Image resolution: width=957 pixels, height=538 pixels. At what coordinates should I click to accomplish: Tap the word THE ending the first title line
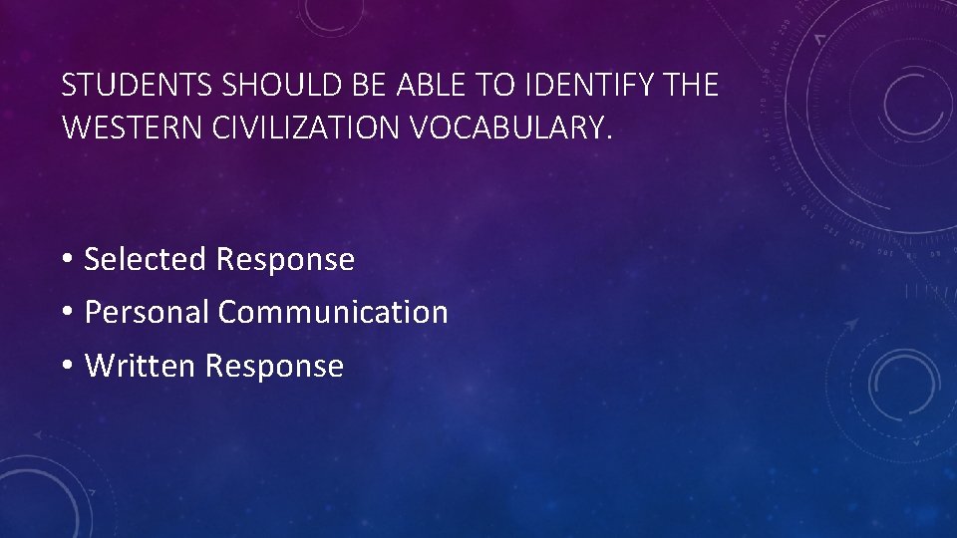[x=688, y=87]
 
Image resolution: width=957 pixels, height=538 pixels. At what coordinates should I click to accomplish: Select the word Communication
[x=333, y=312]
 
